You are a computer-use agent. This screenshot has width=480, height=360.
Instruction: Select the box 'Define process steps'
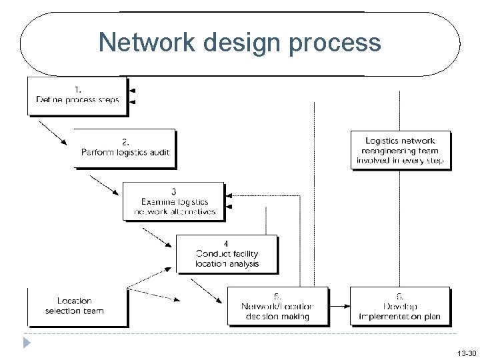click(77, 96)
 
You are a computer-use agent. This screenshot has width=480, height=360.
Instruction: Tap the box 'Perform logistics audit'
click(125, 147)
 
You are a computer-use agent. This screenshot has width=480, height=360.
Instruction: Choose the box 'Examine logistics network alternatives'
click(175, 201)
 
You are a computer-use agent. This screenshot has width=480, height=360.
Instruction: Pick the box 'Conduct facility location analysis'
click(227, 254)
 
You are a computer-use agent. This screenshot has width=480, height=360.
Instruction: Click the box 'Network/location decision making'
click(277, 306)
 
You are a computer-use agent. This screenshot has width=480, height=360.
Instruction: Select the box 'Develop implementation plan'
click(399, 306)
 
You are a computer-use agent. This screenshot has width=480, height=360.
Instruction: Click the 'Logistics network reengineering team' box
click(400, 151)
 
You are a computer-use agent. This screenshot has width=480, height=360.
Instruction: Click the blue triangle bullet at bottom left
click(26, 344)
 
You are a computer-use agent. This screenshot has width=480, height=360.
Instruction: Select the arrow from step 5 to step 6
click(339, 306)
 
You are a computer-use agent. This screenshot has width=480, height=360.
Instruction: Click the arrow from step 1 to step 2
click(53, 132)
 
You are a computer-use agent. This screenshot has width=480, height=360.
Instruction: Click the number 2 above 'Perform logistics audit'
click(125, 141)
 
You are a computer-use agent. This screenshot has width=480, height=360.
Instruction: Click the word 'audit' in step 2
click(159, 152)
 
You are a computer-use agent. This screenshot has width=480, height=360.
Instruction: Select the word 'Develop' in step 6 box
click(399, 307)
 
